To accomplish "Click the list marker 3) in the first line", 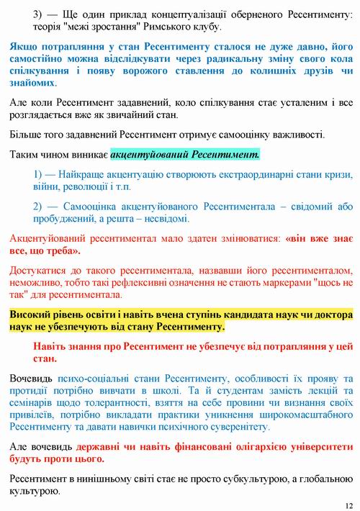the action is [40, 14].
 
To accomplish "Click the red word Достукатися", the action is [42, 270].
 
